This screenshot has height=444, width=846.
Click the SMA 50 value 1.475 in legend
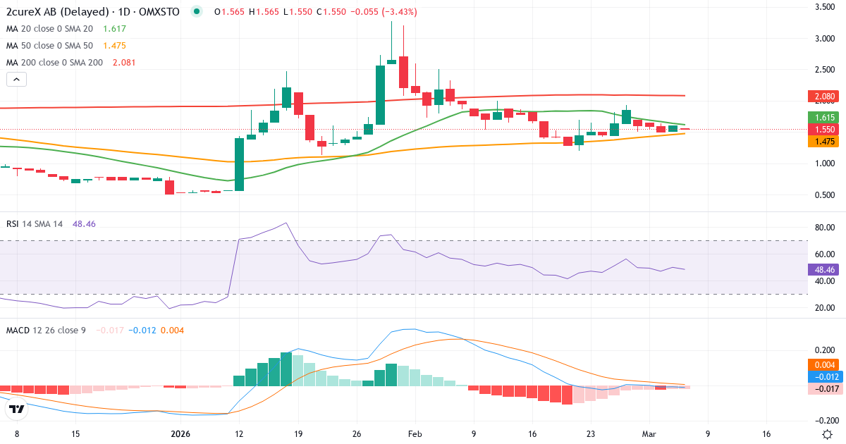[115, 46]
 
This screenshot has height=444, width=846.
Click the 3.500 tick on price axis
[826, 7]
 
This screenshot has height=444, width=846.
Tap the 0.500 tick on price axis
[826, 195]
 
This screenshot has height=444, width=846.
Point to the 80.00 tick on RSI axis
[826, 228]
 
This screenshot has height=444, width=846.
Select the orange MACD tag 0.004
[824, 364]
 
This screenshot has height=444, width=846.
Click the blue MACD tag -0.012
[823, 376]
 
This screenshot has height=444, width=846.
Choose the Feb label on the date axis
[415, 434]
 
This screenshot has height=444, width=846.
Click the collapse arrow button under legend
[16, 80]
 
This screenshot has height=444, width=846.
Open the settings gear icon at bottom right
[828, 434]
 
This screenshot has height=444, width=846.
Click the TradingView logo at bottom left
[18, 409]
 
